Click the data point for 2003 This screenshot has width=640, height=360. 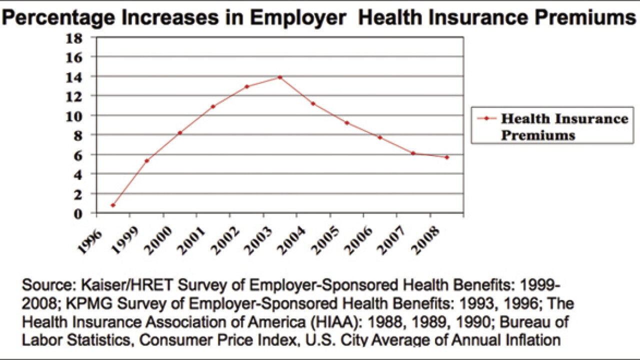click(280, 77)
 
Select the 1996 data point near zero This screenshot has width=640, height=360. click(113, 205)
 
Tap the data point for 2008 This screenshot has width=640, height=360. click(447, 157)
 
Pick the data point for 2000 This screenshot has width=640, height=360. click(179, 133)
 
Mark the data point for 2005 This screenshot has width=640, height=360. click(347, 123)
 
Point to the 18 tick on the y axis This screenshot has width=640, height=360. click(74, 38)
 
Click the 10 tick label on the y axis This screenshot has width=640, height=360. click(74, 116)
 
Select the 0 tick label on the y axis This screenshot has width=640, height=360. click(77, 214)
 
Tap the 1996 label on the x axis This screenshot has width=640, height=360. click(89, 241)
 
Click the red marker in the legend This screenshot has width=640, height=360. click(486, 118)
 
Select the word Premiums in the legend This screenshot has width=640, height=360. click(538, 135)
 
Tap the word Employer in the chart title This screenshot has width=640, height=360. click(298, 17)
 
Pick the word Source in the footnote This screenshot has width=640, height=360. click(48, 285)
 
